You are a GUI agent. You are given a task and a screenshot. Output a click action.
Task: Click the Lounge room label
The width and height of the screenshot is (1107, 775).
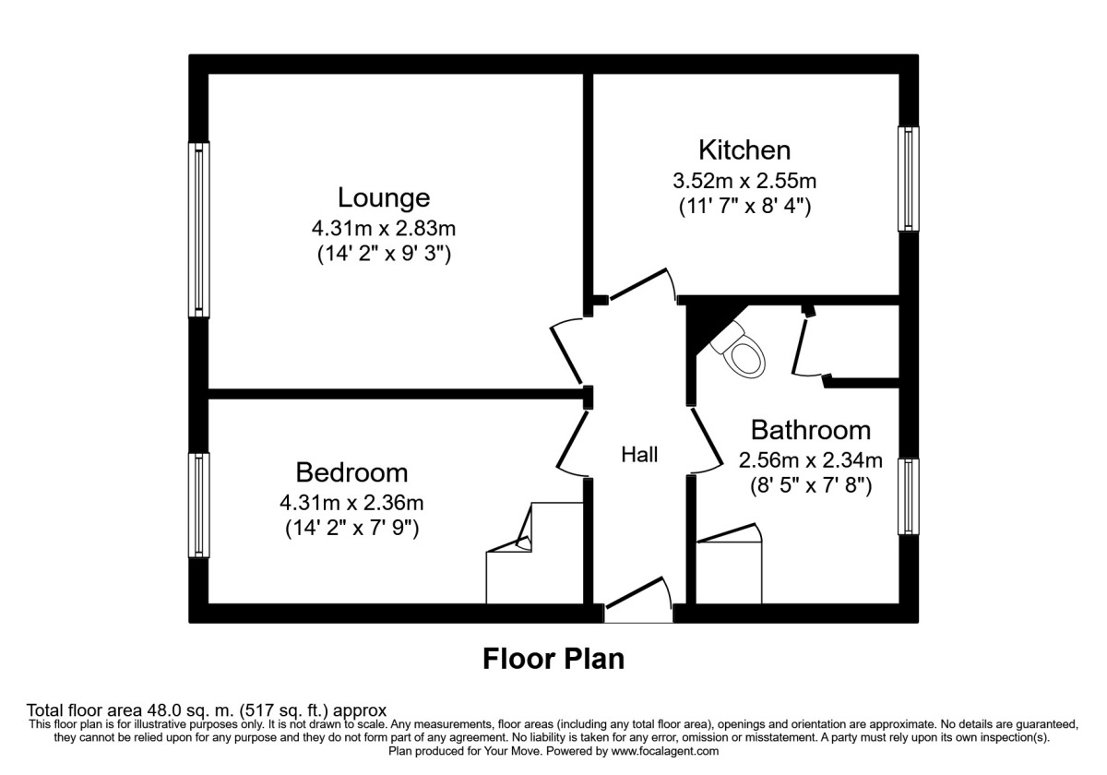[x=384, y=197]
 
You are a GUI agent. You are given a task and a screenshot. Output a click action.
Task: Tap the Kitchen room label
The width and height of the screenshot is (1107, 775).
[x=744, y=149]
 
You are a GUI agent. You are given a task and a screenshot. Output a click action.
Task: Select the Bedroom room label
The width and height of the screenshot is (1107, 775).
[x=351, y=472]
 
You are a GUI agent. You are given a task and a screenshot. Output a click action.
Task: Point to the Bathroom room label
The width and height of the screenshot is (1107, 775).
[x=810, y=430]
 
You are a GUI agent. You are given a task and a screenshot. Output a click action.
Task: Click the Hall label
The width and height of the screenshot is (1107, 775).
[x=639, y=454]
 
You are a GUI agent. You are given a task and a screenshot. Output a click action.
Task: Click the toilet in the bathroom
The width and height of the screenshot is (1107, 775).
[x=743, y=352]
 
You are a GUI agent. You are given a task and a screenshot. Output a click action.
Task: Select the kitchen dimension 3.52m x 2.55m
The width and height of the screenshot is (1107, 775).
[x=744, y=179]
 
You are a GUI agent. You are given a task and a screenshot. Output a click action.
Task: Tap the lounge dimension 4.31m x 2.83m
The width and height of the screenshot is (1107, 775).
[x=384, y=227]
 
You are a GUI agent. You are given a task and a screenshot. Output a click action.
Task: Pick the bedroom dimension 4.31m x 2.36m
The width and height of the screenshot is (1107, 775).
[x=351, y=503]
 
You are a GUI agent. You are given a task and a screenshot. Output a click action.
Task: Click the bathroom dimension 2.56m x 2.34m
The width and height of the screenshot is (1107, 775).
[x=810, y=459]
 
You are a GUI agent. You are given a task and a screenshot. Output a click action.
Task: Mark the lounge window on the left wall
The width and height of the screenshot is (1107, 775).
[x=198, y=229]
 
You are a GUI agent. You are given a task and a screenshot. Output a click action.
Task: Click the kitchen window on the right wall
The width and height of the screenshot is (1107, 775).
[x=909, y=179]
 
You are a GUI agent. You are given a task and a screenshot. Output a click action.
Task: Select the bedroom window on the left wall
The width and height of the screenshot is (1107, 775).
[x=198, y=505]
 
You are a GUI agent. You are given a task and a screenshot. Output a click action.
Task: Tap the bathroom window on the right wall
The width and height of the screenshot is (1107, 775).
[x=909, y=496]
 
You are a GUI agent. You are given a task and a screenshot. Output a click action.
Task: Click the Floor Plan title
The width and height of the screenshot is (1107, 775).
[x=553, y=659]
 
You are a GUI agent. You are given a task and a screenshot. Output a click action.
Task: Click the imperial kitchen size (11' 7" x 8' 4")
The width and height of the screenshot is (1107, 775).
[x=744, y=207]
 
